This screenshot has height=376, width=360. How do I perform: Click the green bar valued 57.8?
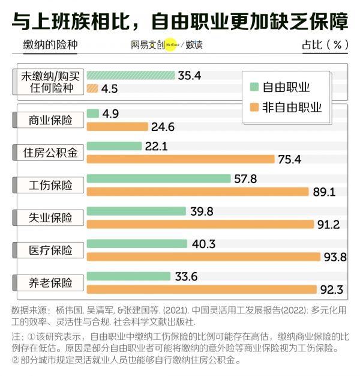point(158,178)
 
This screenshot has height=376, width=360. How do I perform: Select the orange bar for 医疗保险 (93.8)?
point(203,257)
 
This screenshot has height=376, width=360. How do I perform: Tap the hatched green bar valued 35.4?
point(131,76)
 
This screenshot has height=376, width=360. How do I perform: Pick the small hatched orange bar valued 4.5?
point(92,89)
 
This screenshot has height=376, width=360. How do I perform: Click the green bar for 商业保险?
point(93,113)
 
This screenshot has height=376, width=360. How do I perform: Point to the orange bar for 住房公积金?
point(181,159)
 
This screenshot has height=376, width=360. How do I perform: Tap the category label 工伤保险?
point(50,185)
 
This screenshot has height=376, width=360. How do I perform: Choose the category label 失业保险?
point(50,217)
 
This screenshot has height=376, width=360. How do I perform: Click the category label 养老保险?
point(50,282)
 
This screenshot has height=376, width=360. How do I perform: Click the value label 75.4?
point(290,159)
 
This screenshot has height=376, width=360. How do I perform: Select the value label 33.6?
point(187,276)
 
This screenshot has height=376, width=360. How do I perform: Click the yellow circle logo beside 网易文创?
point(170,44)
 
